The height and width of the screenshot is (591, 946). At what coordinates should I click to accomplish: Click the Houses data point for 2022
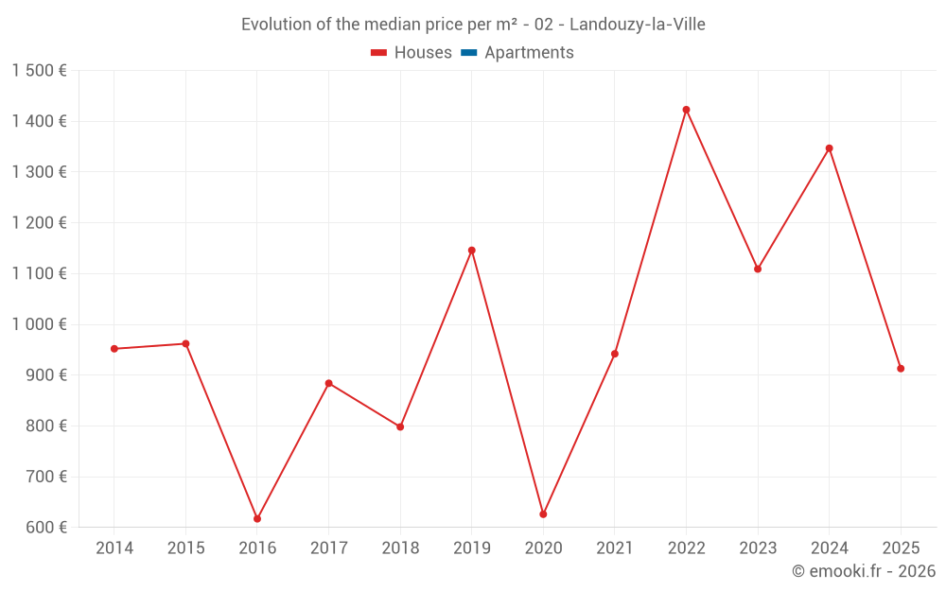pyautogui.click(x=686, y=110)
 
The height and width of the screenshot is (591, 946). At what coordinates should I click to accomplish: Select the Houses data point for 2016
pyautogui.click(x=257, y=518)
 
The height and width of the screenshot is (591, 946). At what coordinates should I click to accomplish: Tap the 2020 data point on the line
pyautogui.click(x=543, y=513)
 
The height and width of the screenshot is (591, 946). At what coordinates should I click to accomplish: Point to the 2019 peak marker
pyautogui.click(x=471, y=251)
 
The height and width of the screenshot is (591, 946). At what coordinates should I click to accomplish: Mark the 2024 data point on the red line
pyautogui.click(x=829, y=148)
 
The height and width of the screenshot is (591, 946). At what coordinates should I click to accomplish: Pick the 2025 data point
pyautogui.click(x=901, y=369)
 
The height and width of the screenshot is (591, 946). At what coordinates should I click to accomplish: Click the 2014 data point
pyautogui.click(x=114, y=349)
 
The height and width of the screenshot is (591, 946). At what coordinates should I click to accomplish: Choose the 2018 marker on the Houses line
pyautogui.click(x=400, y=426)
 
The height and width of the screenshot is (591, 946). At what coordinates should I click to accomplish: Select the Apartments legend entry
pyautogui.click(x=529, y=53)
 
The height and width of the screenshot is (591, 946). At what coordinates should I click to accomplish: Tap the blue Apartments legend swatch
pyautogui.click(x=468, y=53)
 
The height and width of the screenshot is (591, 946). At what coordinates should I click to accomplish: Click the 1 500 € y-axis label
pyautogui.click(x=39, y=71)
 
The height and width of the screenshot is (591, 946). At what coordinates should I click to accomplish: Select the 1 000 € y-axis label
pyautogui.click(x=39, y=324)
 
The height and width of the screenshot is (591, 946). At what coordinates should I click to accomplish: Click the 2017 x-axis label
pyautogui.click(x=328, y=548)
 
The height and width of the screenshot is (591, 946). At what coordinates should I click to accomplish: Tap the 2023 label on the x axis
pyautogui.click(x=758, y=548)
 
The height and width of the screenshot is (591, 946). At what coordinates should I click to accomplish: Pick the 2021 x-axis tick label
pyautogui.click(x=615, y=548)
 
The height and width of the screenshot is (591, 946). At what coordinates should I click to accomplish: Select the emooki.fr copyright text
pyautogui.click(x=863, y=571)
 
